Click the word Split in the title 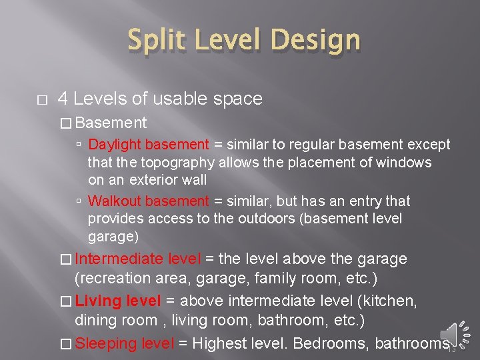pyautogui.click(x=155, y=41)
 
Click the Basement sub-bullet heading pyautogui.click(x=111, y=123)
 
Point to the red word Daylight pyautogui.click(x=115, y=145)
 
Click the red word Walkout pyautogui.click(x=115, y=201)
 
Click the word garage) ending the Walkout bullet pyautogui.click(x=113, y=236)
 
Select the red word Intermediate pyautogui.click(x=119, y=259)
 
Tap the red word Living pyautogui.click(x=97, y=301)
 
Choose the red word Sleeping pyautogui.click(x=107, y=344)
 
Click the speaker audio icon pyautogui.click(x=456, y=333)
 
